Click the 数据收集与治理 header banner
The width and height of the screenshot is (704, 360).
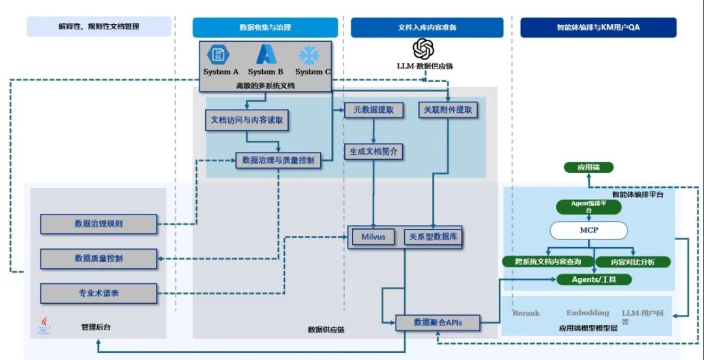point(265,27)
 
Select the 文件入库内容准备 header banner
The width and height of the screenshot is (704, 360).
point(427,27)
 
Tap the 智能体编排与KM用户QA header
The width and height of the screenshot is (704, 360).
point(598,27)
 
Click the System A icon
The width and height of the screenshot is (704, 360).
point(219,55)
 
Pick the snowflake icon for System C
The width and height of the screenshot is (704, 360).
point(309,55)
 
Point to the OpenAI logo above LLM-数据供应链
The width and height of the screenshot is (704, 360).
point(424,49)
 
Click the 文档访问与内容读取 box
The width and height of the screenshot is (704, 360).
point(246,121)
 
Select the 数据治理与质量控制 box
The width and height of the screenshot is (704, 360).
point(278,160)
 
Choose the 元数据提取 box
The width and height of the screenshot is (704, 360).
point(374,110)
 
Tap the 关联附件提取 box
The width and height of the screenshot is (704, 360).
point(448,110)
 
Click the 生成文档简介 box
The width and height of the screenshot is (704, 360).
point(374,151)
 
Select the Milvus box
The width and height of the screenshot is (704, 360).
point(374,237)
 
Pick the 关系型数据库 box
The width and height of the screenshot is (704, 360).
point(433,237)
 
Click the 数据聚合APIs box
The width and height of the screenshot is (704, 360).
point(438,322)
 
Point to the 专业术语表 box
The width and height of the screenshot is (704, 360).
point(98,293)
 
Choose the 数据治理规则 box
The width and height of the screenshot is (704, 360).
point(98,224)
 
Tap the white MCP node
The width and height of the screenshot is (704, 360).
point(589,230)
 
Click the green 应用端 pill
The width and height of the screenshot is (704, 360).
point(589,168)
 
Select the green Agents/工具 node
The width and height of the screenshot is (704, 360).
point(594,279)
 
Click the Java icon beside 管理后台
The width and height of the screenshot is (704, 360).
point(44,325)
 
